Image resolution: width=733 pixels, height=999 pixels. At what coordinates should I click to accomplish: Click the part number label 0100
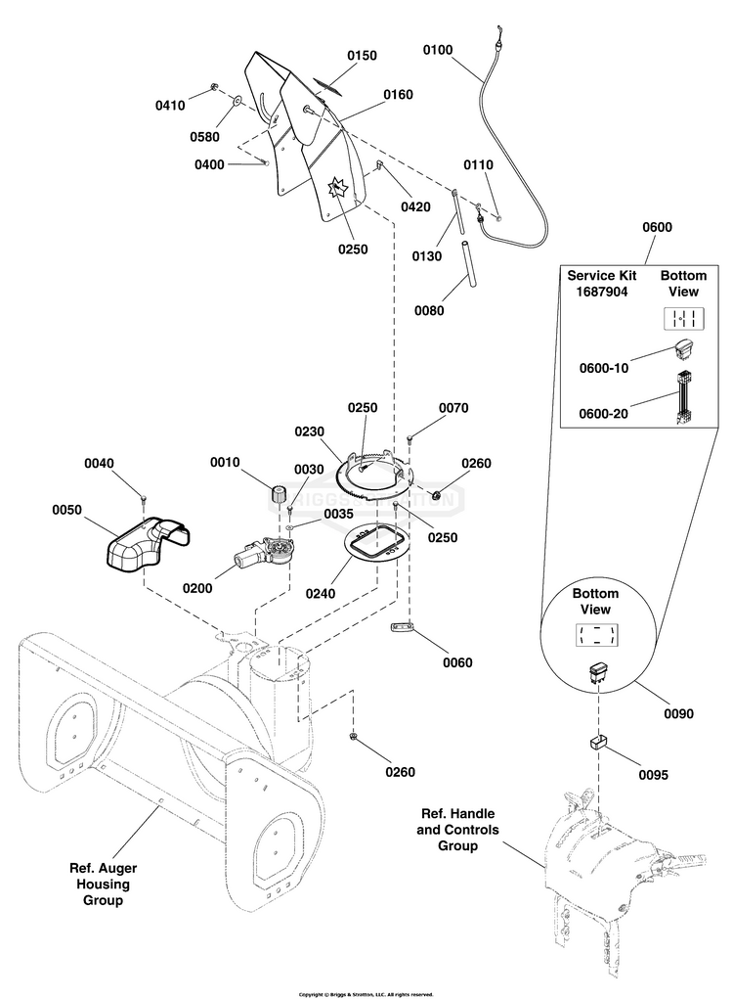[x=437, y=49]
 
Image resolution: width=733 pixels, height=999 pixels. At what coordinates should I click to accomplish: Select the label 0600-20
[x=602, y=414]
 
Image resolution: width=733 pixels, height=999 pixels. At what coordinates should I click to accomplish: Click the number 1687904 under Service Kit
[x=596, y=292]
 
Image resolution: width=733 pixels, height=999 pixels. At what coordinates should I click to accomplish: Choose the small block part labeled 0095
[x=596, y=741]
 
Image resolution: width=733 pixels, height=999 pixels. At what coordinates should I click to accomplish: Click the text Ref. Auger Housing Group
[x=103, y=884]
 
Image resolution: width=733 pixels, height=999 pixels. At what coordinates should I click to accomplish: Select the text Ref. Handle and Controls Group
[x=457, y=830]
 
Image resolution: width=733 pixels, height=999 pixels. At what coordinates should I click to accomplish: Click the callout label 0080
[x=428, y=311]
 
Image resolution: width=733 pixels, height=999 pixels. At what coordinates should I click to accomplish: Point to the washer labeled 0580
[x=237, y=100]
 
